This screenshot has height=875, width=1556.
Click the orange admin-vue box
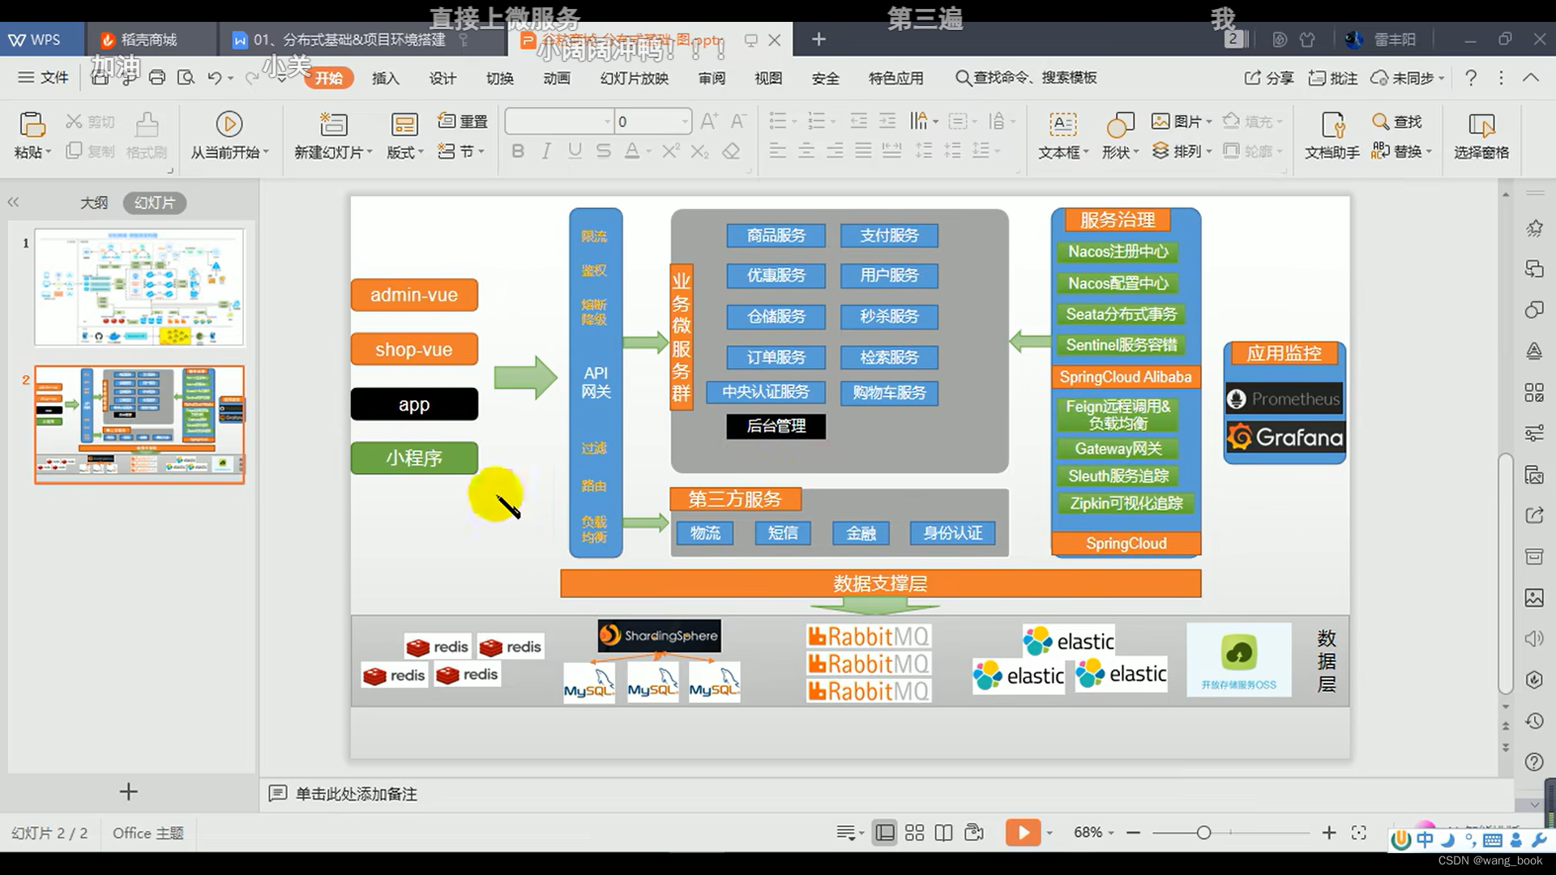pyautogui.click(x=414, y=295)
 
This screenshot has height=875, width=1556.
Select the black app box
pyautogui.click(x=414, y=404)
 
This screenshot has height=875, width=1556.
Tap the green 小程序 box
pyautogui.click(x=414, y=458)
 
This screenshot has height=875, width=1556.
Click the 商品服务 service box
pyautogui.click(x=776, y=236)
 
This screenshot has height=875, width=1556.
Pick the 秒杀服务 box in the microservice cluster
pyautogui.click(x=889, y=317)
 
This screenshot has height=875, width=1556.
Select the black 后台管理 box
pyautogui.click(x=776, y=426)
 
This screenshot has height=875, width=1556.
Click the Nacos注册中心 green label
pyautogui.click(x=1118, y=252)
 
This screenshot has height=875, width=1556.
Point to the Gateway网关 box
pyautogui.click(x=1118, y=449)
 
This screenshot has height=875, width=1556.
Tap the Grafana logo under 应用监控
pyautogui.click(x=1285, y=437)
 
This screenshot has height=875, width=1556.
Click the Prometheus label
pyautogui.click(x=1285, y=399)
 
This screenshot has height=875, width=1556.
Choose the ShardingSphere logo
pyautogui.click(x=659, y=636)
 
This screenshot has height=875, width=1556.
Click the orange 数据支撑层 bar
pyautogui.click(x=880, y=583)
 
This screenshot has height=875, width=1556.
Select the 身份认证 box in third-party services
pyautogui.click(x=952, y=533)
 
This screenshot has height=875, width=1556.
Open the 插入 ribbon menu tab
pyautogui.click(x=385, y=78)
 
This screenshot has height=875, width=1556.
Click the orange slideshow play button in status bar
pyautogui.click(x=1023, y=833)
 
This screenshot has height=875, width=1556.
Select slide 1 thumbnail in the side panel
pyautogui.click(x=139, y=288)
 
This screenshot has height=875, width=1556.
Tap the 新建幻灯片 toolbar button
pyautogui.click(x=333, y=135)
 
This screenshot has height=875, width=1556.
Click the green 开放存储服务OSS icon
pyautogui.click(x=1238, y=654)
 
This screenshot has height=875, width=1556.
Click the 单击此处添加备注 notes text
pyautogui.click(x=356, y=794)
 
